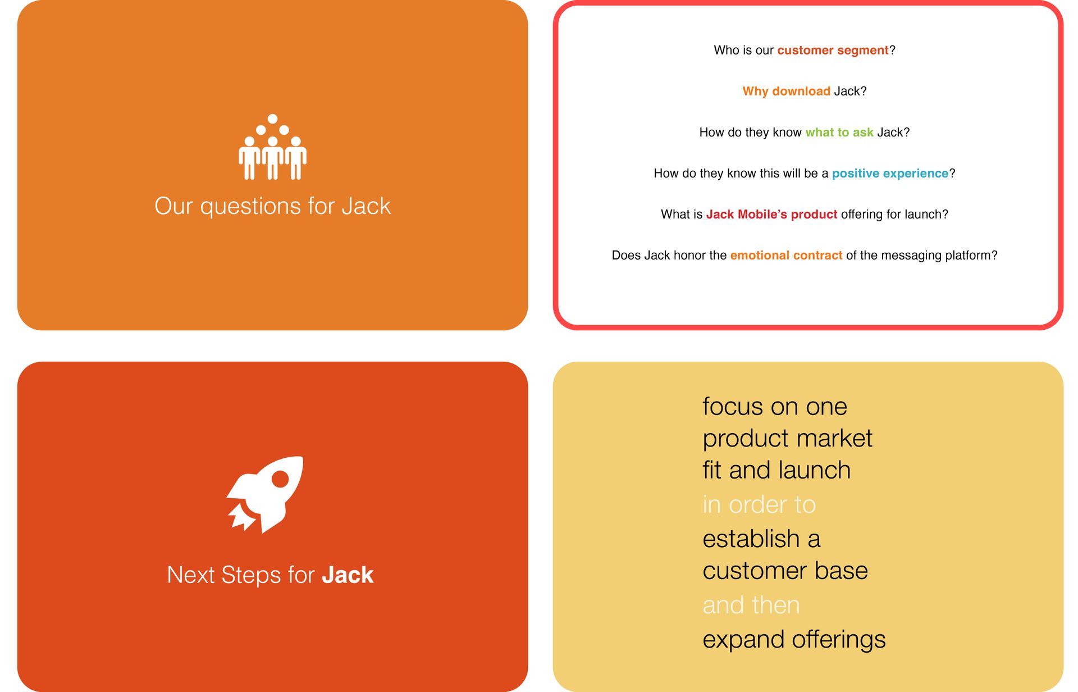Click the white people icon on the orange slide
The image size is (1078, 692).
pyautogui.click(x=272, y=147)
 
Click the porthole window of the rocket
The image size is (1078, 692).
pyautogui.click(x=280, y=479)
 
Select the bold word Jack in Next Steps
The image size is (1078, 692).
pyautogui.click(x=348, y=575)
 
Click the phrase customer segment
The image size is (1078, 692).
pyautogui.click(x=833, y=51)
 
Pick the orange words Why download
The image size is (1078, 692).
pyautogui.click(x=786, y=91)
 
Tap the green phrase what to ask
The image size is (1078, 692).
pyautogui.click(x=839, y=133)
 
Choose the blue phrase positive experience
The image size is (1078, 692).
pyautogui.click(x=890, y=174)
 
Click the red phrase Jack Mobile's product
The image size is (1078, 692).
pyautogui.click(x=771, y=215)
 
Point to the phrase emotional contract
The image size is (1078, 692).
pyautogui.click(x=786, y=256)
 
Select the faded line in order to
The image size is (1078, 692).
pyautogui.click(x=759, y=504)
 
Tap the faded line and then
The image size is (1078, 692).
pyautogui.click(x=751, y=605)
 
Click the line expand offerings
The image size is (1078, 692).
pyautogui.click(x=794, y=640)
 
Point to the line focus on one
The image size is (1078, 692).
pyautogui.click(x=775, y=406)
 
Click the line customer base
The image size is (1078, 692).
pyautogui.click(x=785, y=571)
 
